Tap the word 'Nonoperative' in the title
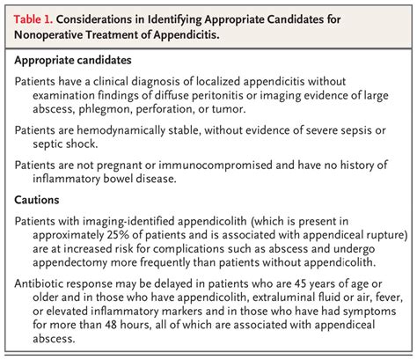click(x=57, y=36)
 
